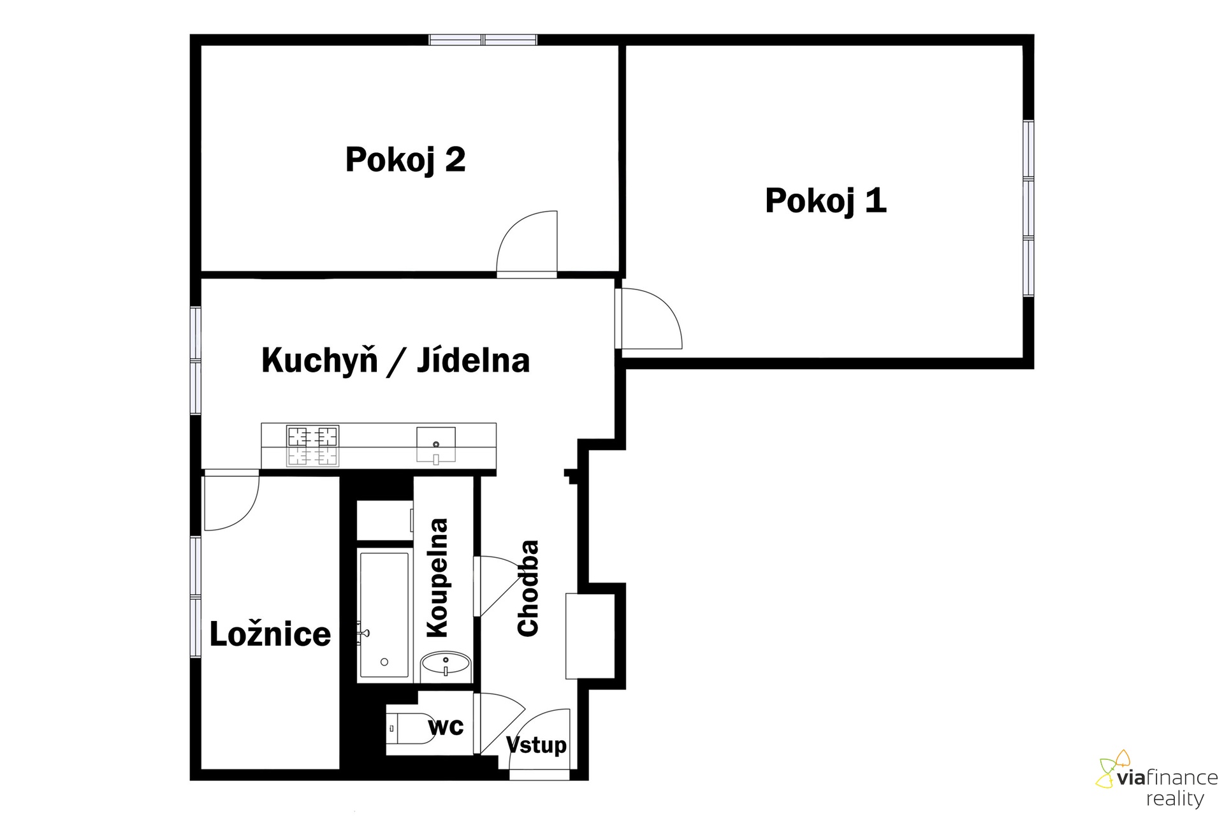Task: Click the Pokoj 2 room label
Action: [x=405, y=160]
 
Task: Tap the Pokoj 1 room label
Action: [x=826, y=201]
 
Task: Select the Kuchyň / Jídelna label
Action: [x=395, y=361]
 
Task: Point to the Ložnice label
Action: [x=270, y=634]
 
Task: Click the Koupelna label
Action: [x=438, y=578]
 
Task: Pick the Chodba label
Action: [x=528, y=588]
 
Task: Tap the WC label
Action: [x=446, y=726]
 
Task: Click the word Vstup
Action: [x=536, y=745]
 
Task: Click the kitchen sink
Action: [x=436, y=444]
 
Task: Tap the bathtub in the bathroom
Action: [x=384, y=615]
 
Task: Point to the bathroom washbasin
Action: [x=446, y=666]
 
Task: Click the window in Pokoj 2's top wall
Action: [x=483, y=40]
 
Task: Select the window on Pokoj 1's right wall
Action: [x=1028, y=208]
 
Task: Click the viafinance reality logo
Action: [x=1157, y=780]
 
